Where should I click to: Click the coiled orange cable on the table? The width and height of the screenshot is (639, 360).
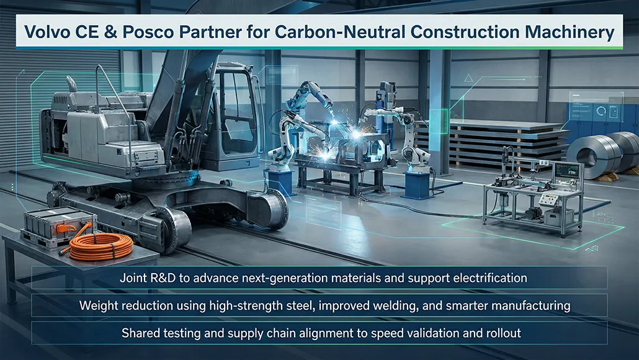tap(101, 245)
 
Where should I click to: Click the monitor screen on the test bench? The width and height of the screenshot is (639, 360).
tap(566, 171)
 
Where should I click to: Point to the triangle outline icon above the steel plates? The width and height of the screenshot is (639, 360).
tap(468, 78)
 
